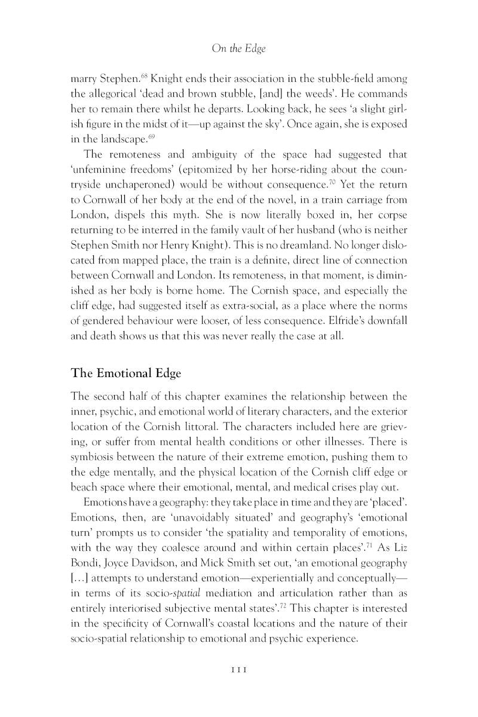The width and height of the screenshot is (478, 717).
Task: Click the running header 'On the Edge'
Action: [239, 49]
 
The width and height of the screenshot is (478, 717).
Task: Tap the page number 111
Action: [239, 671]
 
